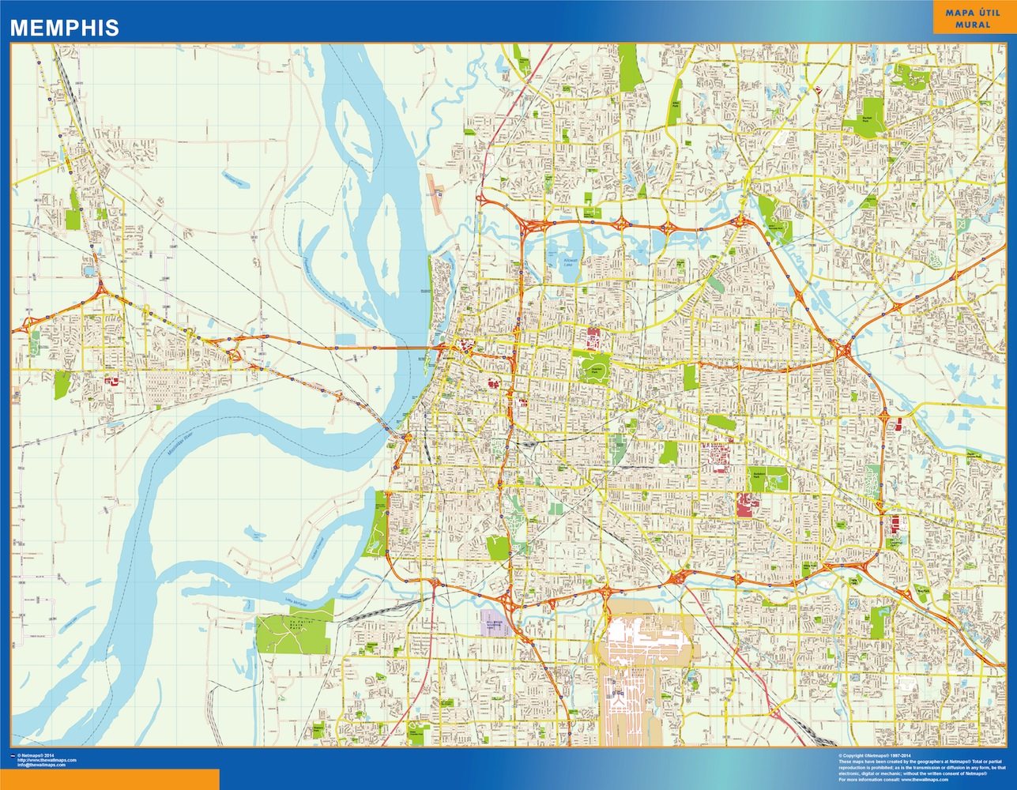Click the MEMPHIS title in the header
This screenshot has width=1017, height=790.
[64, 28]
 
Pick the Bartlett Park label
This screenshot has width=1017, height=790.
[867, 119]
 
